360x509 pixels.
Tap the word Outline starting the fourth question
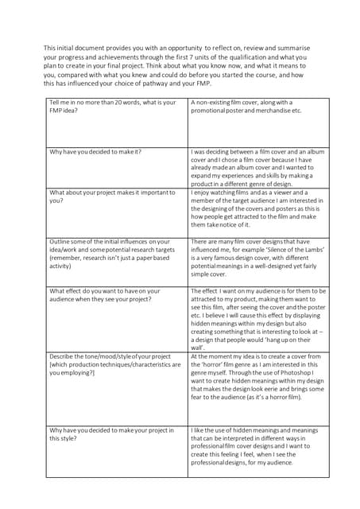60,242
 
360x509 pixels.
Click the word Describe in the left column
63,356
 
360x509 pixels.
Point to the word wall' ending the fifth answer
197,348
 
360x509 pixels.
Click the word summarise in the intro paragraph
300,49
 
